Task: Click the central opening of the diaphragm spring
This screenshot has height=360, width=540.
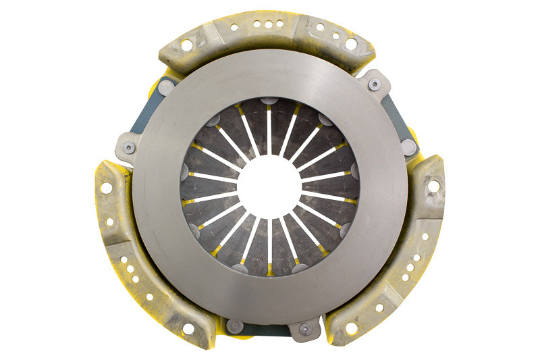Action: [269, 186]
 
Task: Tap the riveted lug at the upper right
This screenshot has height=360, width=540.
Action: [374, 84]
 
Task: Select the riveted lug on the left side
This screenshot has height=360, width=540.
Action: [129, 147]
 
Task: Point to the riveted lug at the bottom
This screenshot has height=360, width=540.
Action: [305, 329]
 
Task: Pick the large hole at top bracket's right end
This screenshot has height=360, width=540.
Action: [351, 43]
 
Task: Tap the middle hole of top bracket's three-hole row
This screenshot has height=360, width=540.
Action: [269, 24]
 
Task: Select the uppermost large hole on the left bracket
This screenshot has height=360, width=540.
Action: [106, 188]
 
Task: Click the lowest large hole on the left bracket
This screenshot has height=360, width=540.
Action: [188, 328]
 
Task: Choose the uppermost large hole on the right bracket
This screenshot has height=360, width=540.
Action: [433, 185]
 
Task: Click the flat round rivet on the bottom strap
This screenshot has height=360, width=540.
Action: [235, 326]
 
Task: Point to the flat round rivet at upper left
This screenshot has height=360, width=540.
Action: [166, 87]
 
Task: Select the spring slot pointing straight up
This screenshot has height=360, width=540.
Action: [269, 128]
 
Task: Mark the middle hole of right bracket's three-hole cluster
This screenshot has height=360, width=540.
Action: [410, 267]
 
